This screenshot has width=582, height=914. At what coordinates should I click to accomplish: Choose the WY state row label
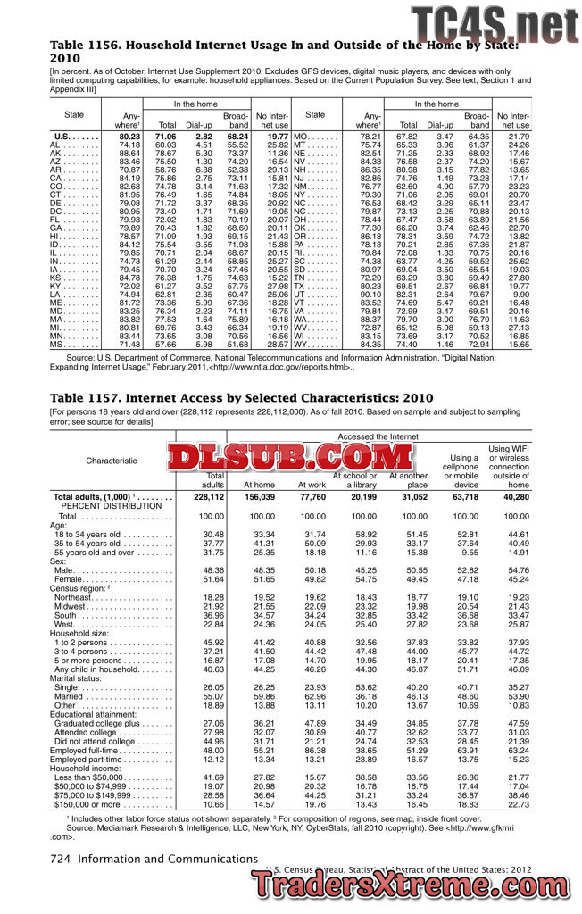(x=301, y=345)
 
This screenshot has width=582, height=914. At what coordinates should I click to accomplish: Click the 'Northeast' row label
(x=81, y=597)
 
